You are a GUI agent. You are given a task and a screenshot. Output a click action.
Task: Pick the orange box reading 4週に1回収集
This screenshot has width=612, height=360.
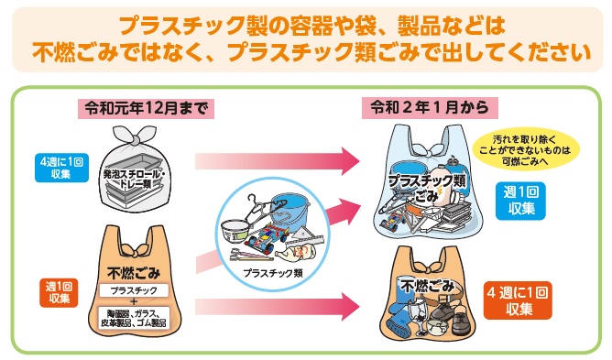pos(519,301)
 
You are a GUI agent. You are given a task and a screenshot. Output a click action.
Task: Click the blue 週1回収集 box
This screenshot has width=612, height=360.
pos(521,201)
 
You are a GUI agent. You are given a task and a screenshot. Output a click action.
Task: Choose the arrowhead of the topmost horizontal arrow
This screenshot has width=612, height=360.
pos(345,163)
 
